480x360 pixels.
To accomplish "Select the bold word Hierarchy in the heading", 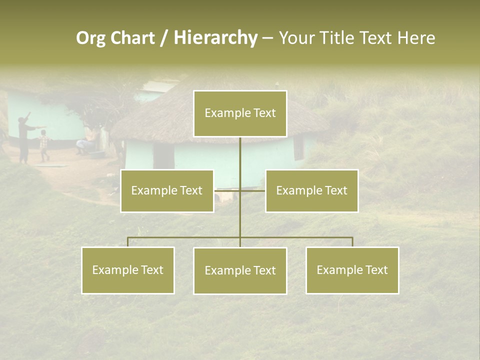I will [215, 38].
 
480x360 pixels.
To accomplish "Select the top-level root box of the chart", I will [240, 113].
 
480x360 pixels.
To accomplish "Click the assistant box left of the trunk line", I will [166, 190].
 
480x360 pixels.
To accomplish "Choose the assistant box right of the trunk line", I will [311, 190].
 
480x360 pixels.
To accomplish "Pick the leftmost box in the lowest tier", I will [128, 270].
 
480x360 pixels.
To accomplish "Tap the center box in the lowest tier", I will [240, 270].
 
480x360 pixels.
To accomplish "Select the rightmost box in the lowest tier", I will [352, 270].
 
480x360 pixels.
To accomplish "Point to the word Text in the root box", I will [264, 113].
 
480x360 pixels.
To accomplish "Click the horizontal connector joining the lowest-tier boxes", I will [185, 237].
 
